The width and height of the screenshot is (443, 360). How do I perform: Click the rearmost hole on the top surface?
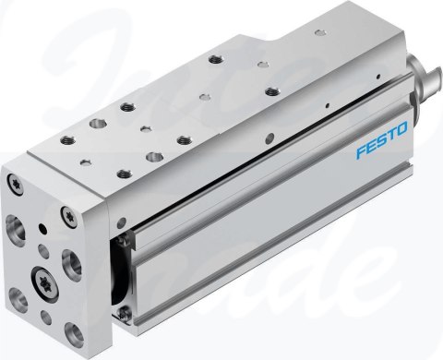coord(214,58)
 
